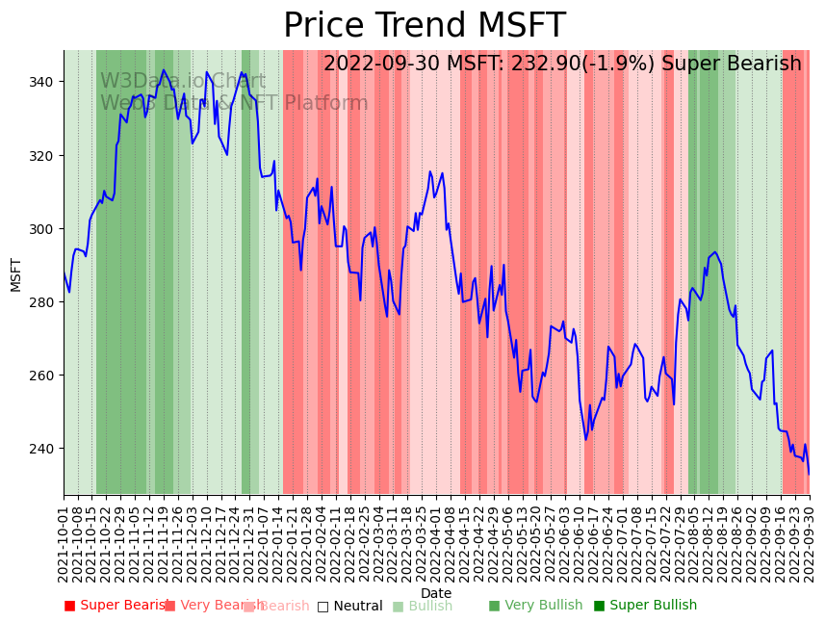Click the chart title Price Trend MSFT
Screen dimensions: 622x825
tap(424, 26)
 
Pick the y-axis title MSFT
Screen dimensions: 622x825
tap(15, 274)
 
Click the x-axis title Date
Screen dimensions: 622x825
tap(436, 593)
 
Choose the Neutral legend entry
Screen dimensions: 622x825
tap(349, 606)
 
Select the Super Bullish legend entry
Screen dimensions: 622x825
tap(645, 606)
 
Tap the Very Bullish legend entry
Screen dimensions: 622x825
tap(535, 606)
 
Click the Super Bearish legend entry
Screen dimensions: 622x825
tap(116, 606)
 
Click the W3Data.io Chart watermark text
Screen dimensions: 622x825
tap(183, 81)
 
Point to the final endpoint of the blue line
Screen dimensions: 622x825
tap(809, 474)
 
